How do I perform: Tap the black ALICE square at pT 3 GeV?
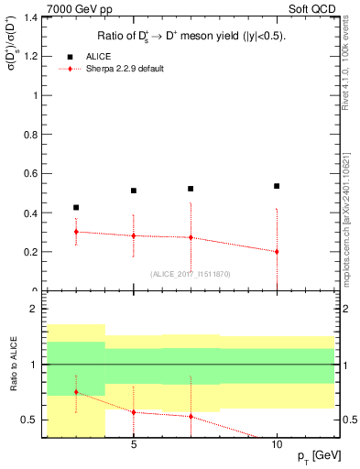pos(76,208)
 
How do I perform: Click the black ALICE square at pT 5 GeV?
pos(134,191)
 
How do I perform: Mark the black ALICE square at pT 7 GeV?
pos(191,189)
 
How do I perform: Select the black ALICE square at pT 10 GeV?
pos(277,186)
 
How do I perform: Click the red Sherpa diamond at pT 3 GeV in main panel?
pos(76,232)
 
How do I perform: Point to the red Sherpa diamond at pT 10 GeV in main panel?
pos(277,251)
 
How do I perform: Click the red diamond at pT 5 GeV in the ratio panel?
pos(134,412)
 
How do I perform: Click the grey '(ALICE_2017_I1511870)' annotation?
pos(189,274)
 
